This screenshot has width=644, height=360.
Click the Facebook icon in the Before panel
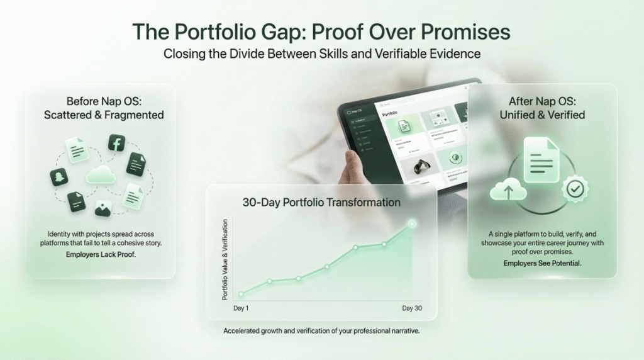(x=116, y=143)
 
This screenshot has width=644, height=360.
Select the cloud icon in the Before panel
(x=101, y=174)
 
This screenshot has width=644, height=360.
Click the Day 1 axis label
(x=241, y=308)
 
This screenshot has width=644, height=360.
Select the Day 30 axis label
(x=413, y=308)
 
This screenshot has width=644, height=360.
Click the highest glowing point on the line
(x=413, y=223)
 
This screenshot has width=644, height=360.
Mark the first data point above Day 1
(x=240, y=294)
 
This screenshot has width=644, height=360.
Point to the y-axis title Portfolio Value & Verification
(x=225, y=259)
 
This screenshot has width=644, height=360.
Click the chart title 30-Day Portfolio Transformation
(x=321, y=203)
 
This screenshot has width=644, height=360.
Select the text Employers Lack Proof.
(x=101, y=255)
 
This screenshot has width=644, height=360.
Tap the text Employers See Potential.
(x=542, y=263)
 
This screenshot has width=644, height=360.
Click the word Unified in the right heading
(x=519, y=115)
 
